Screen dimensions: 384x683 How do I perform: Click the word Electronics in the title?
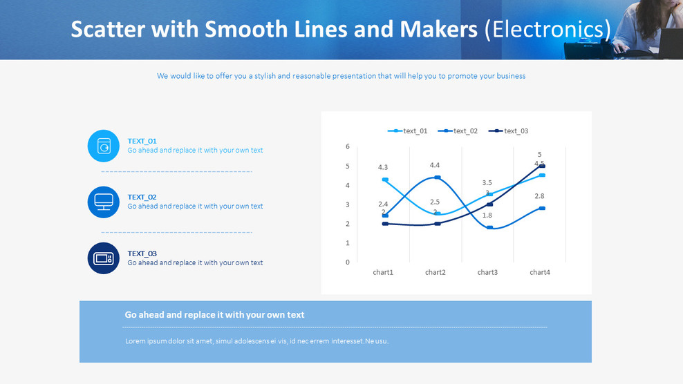pyautogui.click(x=548, y=30)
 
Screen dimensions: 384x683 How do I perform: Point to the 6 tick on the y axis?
pyautogui.click(x=348, y=146)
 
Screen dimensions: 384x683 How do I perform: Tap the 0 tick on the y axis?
pyautogui.click(x=348, y=262)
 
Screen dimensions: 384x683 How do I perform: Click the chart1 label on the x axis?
pyautogui.click(x=383, y=273)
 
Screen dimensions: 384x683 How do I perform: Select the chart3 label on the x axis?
pyautogui.click(x=487, y=273)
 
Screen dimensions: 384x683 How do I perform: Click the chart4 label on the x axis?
pyautogui.click(x=539, y=273)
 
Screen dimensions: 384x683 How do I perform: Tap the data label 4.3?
pyautogui.click(x=383, y=167)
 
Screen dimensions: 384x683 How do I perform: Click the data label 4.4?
pyautogui.click(x=435, y=165)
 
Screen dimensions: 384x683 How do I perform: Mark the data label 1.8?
pyautogui.click(x=487, y=215)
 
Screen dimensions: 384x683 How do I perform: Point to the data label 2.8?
pyautogui.click(x=539, y=196)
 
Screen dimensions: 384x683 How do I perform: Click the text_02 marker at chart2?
pyautogui.click(x=437, y=177)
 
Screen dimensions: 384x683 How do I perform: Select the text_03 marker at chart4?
pyautogui.click(x=542, y=166)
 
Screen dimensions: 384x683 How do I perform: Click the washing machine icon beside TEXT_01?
pyautogui.click(x=104, y=146)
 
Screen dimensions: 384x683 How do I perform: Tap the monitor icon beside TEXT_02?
pyautogui.click(x=104, y=202)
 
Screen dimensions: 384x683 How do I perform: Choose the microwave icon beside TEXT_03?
pyautogui.click(x=104, y=258)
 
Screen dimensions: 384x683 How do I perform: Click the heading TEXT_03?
pyautogui.click(x=142, y=253)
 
